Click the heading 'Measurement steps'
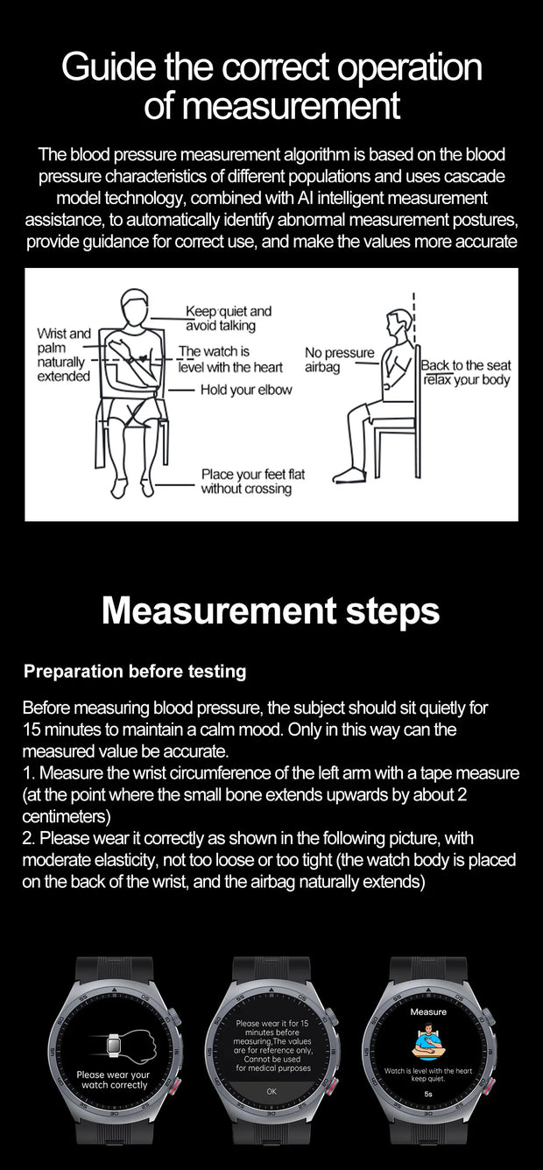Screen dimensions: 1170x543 coord(271,610)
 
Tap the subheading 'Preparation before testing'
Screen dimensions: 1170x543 coord(135,672)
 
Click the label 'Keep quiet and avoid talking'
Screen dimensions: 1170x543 coord(228,318)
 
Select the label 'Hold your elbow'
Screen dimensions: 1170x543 coord(246,390)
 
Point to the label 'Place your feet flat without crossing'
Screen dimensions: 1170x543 coord(252,481)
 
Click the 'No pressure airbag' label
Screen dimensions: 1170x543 coord(339,360)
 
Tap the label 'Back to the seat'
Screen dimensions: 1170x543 coord(465,365)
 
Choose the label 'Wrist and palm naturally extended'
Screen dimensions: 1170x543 coord(63,354)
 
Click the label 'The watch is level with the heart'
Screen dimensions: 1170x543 coord(230,359)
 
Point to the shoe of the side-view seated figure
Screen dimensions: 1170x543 coord(349,475)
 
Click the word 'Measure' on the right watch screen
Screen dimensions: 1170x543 coord(428,1011)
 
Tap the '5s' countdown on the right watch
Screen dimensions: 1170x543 coord(428,1093)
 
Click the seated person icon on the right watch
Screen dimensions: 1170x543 coord(428,1042)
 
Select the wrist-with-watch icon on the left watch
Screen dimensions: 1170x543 coord(112,1045)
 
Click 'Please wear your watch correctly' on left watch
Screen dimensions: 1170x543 coord(113,1080)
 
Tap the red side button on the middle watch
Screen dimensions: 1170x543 coord(332,1087)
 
